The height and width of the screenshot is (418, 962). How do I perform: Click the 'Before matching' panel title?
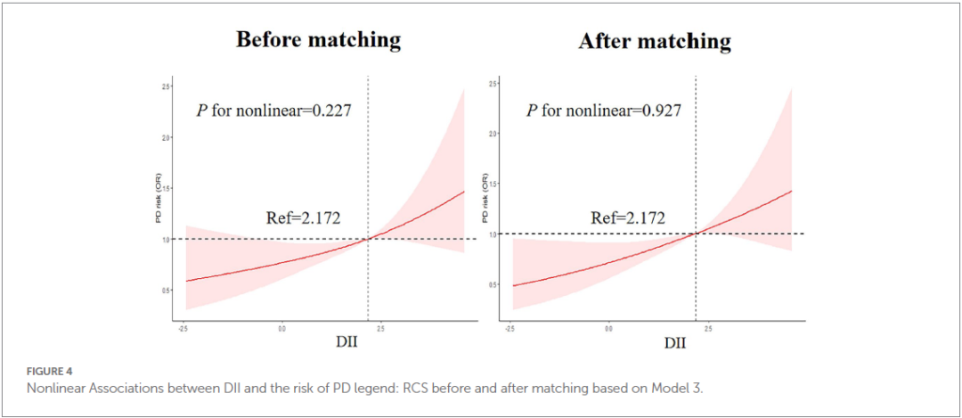(x=317, y=40)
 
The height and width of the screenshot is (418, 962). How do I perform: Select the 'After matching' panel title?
(x=654, y=42)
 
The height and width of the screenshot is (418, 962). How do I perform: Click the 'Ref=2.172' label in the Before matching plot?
(x=303, y=217)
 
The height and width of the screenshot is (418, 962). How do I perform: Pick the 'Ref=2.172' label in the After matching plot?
(x=628, y=217)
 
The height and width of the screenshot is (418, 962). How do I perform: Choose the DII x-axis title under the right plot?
(x=673, y=341)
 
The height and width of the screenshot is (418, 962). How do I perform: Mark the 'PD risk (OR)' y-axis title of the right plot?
(x=485, y=197)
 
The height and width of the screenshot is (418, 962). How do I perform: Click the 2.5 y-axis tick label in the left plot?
(x=165, y=86)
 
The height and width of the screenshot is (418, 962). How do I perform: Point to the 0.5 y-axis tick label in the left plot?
(x=165, y=291)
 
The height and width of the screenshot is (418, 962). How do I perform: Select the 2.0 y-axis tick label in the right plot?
(x=493, y=134)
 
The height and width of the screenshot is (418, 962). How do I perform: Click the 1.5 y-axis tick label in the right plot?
(x=493, y=184)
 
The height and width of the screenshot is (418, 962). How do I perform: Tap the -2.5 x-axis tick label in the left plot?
(x=183, y=329)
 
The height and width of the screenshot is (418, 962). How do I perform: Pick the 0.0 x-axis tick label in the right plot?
(x=609, y=329)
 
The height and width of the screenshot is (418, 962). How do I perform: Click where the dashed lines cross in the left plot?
(x=368, y=240)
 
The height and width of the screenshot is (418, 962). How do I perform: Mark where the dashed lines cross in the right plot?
(x=696, y=234)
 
